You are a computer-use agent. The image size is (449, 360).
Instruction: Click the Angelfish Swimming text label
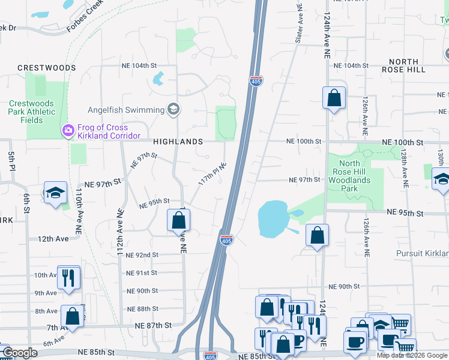pos(126,110)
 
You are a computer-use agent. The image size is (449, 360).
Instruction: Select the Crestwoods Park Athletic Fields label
pos(31,112)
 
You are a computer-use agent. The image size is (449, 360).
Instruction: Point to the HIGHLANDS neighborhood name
pos(178,142)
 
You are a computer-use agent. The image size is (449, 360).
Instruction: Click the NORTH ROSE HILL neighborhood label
pos(407,65)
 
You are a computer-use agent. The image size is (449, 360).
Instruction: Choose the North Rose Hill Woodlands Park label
pos(349,176)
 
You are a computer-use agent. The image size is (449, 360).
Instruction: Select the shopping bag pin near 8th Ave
pos(72,316)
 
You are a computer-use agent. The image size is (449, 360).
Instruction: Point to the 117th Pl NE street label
pos(212,173)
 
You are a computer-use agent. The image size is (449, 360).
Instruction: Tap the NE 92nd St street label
pos(138,255)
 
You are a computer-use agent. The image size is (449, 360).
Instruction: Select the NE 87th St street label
pos(153,325)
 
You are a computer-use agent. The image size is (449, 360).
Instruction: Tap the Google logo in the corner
pos(20,353)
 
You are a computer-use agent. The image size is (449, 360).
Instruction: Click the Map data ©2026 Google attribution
pos(412,355)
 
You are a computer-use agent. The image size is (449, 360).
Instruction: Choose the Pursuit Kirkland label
pos(422,254)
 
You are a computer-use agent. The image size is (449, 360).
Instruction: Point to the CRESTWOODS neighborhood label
pos(47,68)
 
